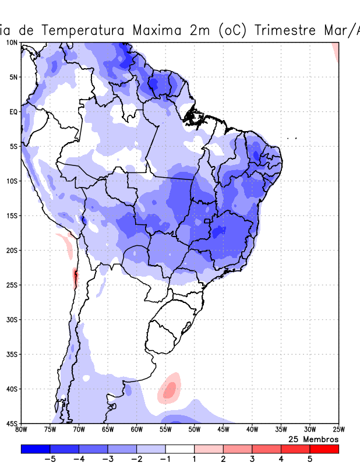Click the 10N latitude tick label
tap(11, 43)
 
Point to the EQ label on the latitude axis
tap(13, 112)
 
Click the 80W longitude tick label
tap(21, 430)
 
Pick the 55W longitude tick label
tap(165, 430)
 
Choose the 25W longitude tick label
tap(338, 430)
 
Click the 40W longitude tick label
tap(252, 430)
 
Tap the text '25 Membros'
tap(313, 439)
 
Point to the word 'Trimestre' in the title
tap(284, 30)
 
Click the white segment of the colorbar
tap(180, 449)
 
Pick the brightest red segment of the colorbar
tap(324, 449)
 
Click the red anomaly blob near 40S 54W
tap(170, 389)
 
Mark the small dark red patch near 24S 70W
tap(75, 277)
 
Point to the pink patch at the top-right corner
tap(336, 52)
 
